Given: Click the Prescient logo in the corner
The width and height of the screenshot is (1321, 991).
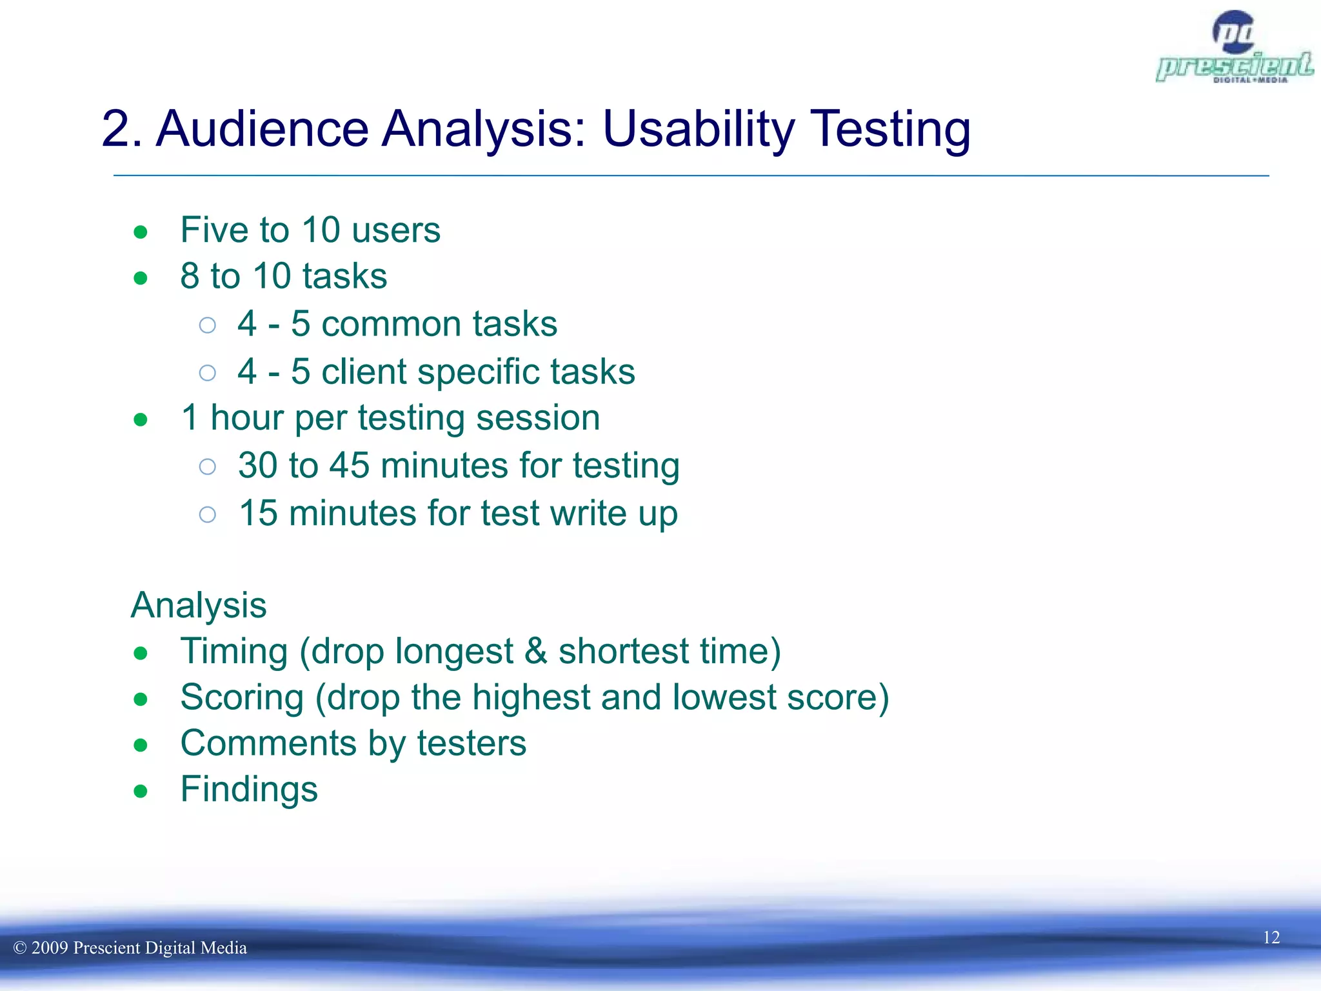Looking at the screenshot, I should (x=1235, y=48).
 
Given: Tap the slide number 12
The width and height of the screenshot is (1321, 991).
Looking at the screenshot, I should (x=1271, y=937).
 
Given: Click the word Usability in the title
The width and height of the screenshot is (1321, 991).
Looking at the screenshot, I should (x=699, y=129).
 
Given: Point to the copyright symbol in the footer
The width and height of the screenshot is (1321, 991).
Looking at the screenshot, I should (x=20, y=948).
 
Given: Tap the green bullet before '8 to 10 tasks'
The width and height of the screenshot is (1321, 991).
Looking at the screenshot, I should (x=141, y=279).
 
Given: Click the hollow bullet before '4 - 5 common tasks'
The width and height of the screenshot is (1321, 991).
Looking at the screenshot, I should (x=207, y=325).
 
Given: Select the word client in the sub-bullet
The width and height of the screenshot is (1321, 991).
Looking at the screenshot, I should (x=364, y=372).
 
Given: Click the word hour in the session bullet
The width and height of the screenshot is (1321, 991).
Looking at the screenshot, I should (x=247, y=418).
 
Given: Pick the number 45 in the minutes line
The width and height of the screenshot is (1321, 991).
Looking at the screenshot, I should (x=349, y=465).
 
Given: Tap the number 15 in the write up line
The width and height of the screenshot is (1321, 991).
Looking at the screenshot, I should (x=258, y=514).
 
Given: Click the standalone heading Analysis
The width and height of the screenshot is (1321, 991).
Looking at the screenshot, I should (x=199, y=605).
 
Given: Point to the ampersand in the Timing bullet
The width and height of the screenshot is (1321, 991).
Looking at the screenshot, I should (x=535, y=651).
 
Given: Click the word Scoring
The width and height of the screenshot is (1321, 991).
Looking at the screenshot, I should (x=242, y=698).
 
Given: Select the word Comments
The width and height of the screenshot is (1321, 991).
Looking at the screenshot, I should (x=268, y=743).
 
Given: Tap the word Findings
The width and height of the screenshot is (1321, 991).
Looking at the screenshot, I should (x=249, y=790).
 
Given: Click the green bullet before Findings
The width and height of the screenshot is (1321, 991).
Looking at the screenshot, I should (x=141, y=791).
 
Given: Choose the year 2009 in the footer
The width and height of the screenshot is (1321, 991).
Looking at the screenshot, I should (x=50, y=948).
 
